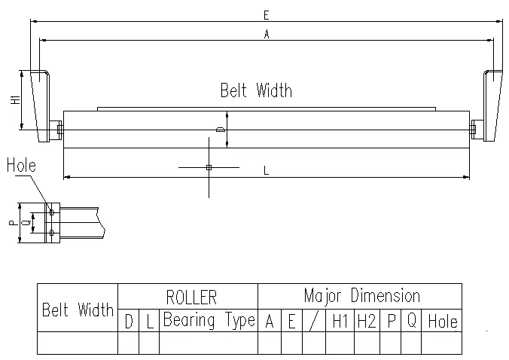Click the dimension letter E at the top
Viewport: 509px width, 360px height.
tap(266, 14)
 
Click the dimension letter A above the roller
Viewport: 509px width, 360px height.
tap(266, 34)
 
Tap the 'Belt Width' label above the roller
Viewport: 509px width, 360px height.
tap(256, 91)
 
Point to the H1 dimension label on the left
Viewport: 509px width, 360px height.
tap(16, 101)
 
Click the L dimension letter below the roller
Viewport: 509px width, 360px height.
tap(266, 171)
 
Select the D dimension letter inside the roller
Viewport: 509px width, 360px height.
tap(220, 130)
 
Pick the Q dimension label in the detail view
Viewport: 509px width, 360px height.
tap(26, 224)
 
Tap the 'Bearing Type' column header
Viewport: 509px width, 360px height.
tap(209, 320)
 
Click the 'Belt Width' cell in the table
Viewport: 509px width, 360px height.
tap(78, 310)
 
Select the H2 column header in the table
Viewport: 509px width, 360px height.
tap(367, 322)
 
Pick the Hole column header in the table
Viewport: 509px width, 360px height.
tap(441, 322)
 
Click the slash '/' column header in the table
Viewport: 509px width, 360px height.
tap(313, 322)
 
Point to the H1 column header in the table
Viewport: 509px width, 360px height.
tap(340, 322)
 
